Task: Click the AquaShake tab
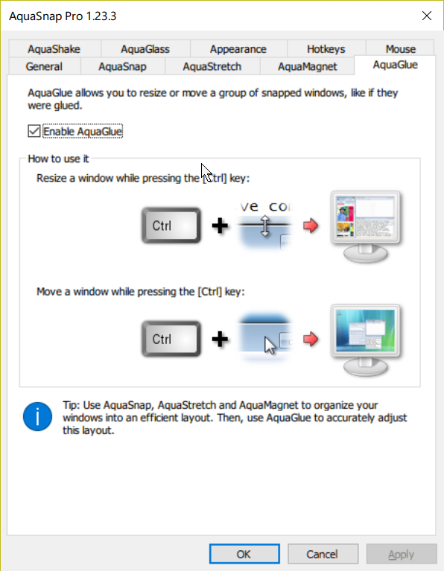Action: (x=54, y=49)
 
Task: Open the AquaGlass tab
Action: (x=145, y=49)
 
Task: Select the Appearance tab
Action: (x=238, y=49)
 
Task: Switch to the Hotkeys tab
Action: (x=326, y=49)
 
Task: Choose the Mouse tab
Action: (x=400, y=49)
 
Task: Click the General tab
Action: (x=44, y=66)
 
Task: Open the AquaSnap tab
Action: (x=122, y=66)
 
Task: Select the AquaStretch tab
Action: (x=212, y=66)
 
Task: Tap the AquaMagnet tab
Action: (x=308, y=66)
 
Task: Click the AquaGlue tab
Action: (x=395, y=65)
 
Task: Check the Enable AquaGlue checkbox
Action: (x=34, y=131)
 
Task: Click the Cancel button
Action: (x=323, y=554)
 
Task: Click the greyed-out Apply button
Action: (x=402, y=554)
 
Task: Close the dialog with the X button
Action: (x=427, y=16)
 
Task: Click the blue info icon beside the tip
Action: (x=37, y=416)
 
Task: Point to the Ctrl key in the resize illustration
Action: (x=171, y=226)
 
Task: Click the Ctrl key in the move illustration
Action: (x=171, y=339)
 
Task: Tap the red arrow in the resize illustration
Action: (x=311, y=226)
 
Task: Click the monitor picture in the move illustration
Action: (x=365, y=340)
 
